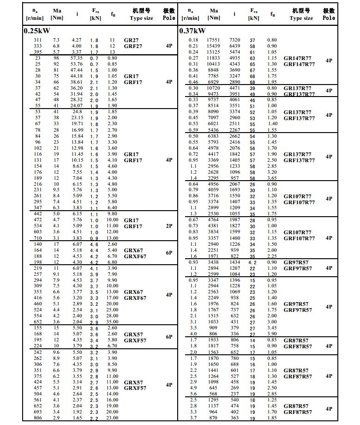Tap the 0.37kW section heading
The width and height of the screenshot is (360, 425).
192,31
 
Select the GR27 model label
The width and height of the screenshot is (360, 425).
131,41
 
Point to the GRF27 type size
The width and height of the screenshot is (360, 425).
133,47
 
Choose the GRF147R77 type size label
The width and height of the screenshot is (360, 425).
299,65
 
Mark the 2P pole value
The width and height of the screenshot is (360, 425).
169,226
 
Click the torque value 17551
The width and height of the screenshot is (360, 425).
214,41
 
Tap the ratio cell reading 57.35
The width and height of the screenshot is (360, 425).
77,58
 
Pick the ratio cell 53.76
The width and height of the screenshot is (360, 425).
77,64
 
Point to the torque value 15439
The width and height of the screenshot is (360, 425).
214,47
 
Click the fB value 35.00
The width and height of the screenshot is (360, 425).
112,322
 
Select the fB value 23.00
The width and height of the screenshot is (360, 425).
112,418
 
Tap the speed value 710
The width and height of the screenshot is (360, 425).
37,238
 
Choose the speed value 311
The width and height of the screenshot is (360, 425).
37,41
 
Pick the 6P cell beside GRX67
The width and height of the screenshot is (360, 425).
169,253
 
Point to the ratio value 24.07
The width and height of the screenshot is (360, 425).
77,106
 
